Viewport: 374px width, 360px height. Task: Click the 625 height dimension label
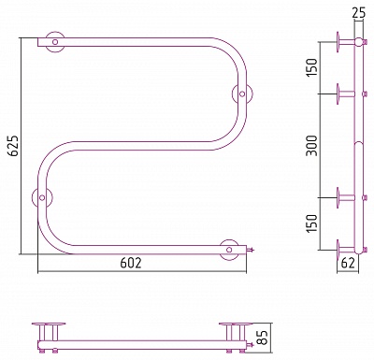pyautogui.click(x=14, y=146)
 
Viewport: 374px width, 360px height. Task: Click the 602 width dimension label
pyautogui.click(x=131, y=264)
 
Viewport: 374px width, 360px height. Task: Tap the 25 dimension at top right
pyautogui.click(x=357, y=12)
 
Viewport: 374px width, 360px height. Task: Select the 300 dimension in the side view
pyautogui.click(x=311, y=146)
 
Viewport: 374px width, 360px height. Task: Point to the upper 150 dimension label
pyautogui.click(x=311, y=67)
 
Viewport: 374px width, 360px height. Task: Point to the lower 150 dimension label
pyautogui.click(x=311, y=223)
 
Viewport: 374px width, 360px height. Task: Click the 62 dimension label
pyautogui.click(x=348, y=264)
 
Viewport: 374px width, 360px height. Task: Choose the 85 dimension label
pyautogui.click(x=264, y=337)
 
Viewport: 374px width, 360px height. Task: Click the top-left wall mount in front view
pyautogui.click(x=55, y=42)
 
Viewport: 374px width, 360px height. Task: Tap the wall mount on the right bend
pyautogui.click(x=242, y=94)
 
